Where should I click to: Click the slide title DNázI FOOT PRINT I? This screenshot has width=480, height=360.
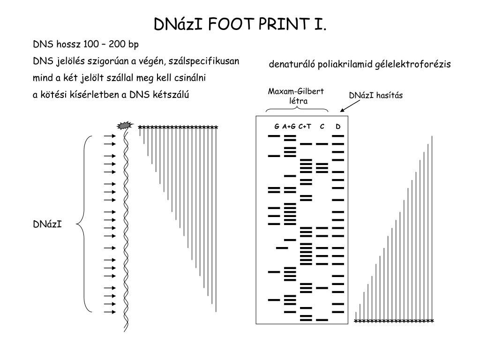click(x=240, y=24)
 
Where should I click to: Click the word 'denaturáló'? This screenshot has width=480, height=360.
click(x=292, y=65)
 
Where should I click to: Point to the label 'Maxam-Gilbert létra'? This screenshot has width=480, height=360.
click(x=296, y=96)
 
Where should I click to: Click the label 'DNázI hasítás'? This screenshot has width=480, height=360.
click(x=375, y=96)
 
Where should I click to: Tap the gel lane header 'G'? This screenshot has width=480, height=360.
click(x=277, y=127)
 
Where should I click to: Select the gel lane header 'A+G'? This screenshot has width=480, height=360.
click(x=289, y=127)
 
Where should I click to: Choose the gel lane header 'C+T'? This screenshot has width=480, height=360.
click(x=305, y=127)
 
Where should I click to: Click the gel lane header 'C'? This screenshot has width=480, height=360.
click(x=322, y=127)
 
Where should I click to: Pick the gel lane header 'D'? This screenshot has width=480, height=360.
click(x=338, y=127)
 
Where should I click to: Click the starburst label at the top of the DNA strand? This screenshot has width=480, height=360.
click(x=125, y=125)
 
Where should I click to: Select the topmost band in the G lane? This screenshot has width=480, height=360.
click(x=274, y=136)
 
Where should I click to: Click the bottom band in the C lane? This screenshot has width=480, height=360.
click(x=322, y=320)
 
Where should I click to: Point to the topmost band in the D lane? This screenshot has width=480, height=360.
click(x=338, y=136)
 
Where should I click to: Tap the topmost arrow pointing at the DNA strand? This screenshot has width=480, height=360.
click(x=110, y=136)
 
